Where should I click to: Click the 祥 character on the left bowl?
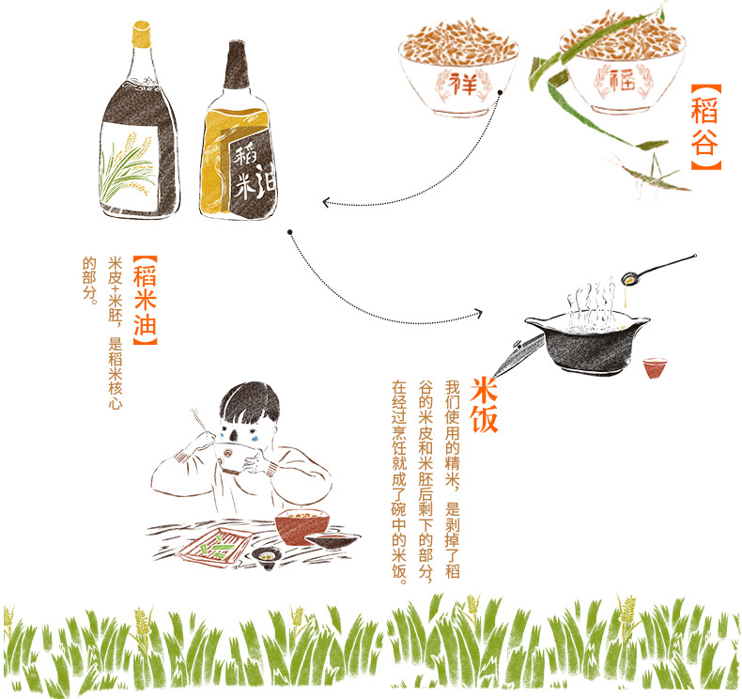[462, 85]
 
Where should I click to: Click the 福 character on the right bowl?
[623, 80]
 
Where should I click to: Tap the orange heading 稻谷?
[704, 127]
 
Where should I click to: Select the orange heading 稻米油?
[146, 300]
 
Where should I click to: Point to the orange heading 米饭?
[484, 405]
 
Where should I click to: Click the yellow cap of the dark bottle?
[142, 34]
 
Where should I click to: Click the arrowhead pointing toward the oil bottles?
[326, 203]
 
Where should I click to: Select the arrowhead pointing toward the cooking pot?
[478, 313]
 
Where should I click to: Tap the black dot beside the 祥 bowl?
[500, 92]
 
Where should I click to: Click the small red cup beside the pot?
[655, 367]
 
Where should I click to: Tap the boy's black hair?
[250, 403]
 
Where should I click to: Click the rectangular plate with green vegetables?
[215, 546]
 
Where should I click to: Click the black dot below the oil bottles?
[290, 232]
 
